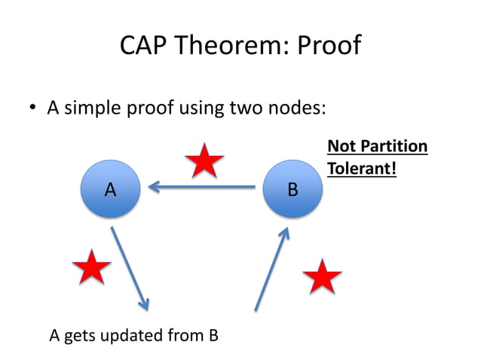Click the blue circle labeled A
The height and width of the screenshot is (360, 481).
110,190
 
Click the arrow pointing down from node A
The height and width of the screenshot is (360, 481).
130,267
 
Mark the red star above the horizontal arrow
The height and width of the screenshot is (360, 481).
204,160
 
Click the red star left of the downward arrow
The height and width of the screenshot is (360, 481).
91,267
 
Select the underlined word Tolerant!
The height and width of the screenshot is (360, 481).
361,169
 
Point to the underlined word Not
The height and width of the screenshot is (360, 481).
341,146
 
